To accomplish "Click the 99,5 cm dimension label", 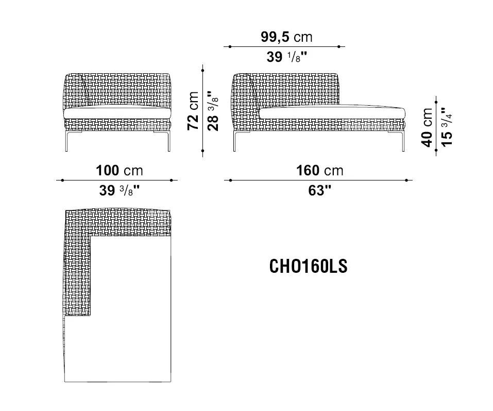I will point(286,37).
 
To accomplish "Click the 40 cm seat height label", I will point(427,127).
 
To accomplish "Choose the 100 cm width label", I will point(119,171).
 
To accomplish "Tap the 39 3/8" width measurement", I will point(118,190).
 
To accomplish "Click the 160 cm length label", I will point(319,171).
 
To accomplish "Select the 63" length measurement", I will point(319,190).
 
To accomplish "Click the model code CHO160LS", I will point(309,266).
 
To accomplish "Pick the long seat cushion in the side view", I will point(332,112).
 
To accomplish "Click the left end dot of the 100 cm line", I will point(62,180).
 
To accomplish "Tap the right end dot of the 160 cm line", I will point(407,180).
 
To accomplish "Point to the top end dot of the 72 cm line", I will point(203,66).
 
